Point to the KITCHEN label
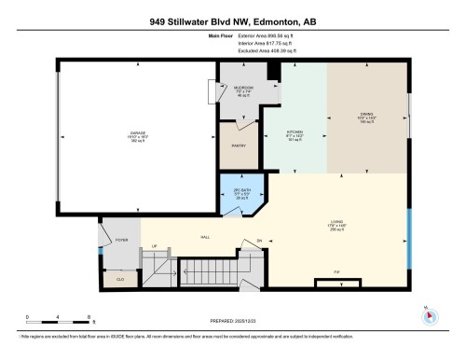[x=295, y=133]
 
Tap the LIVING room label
[x=337, y=221]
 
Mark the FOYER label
[x=120, y=240]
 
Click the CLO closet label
[x=120, y=277]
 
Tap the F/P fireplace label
[x=337, y=273]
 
